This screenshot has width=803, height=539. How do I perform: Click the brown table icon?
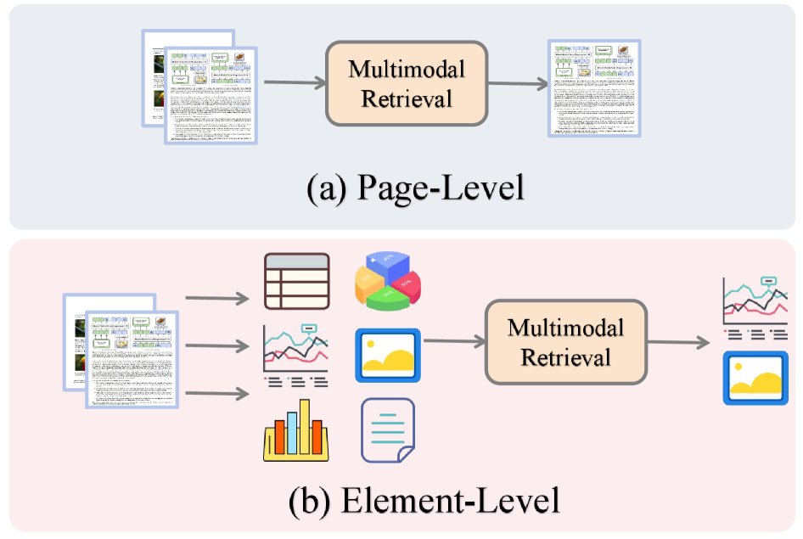click(x=296, y=281)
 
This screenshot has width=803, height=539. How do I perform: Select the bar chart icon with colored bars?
click(x=296, y=430)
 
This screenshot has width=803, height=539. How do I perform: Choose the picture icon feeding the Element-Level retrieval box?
click(x=387, y=355)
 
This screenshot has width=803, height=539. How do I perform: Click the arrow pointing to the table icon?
click(x=216, y=298)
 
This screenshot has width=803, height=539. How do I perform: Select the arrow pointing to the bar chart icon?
click(x=216, y=392)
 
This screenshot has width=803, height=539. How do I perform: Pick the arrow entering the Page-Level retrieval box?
click(x=295, y=83)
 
